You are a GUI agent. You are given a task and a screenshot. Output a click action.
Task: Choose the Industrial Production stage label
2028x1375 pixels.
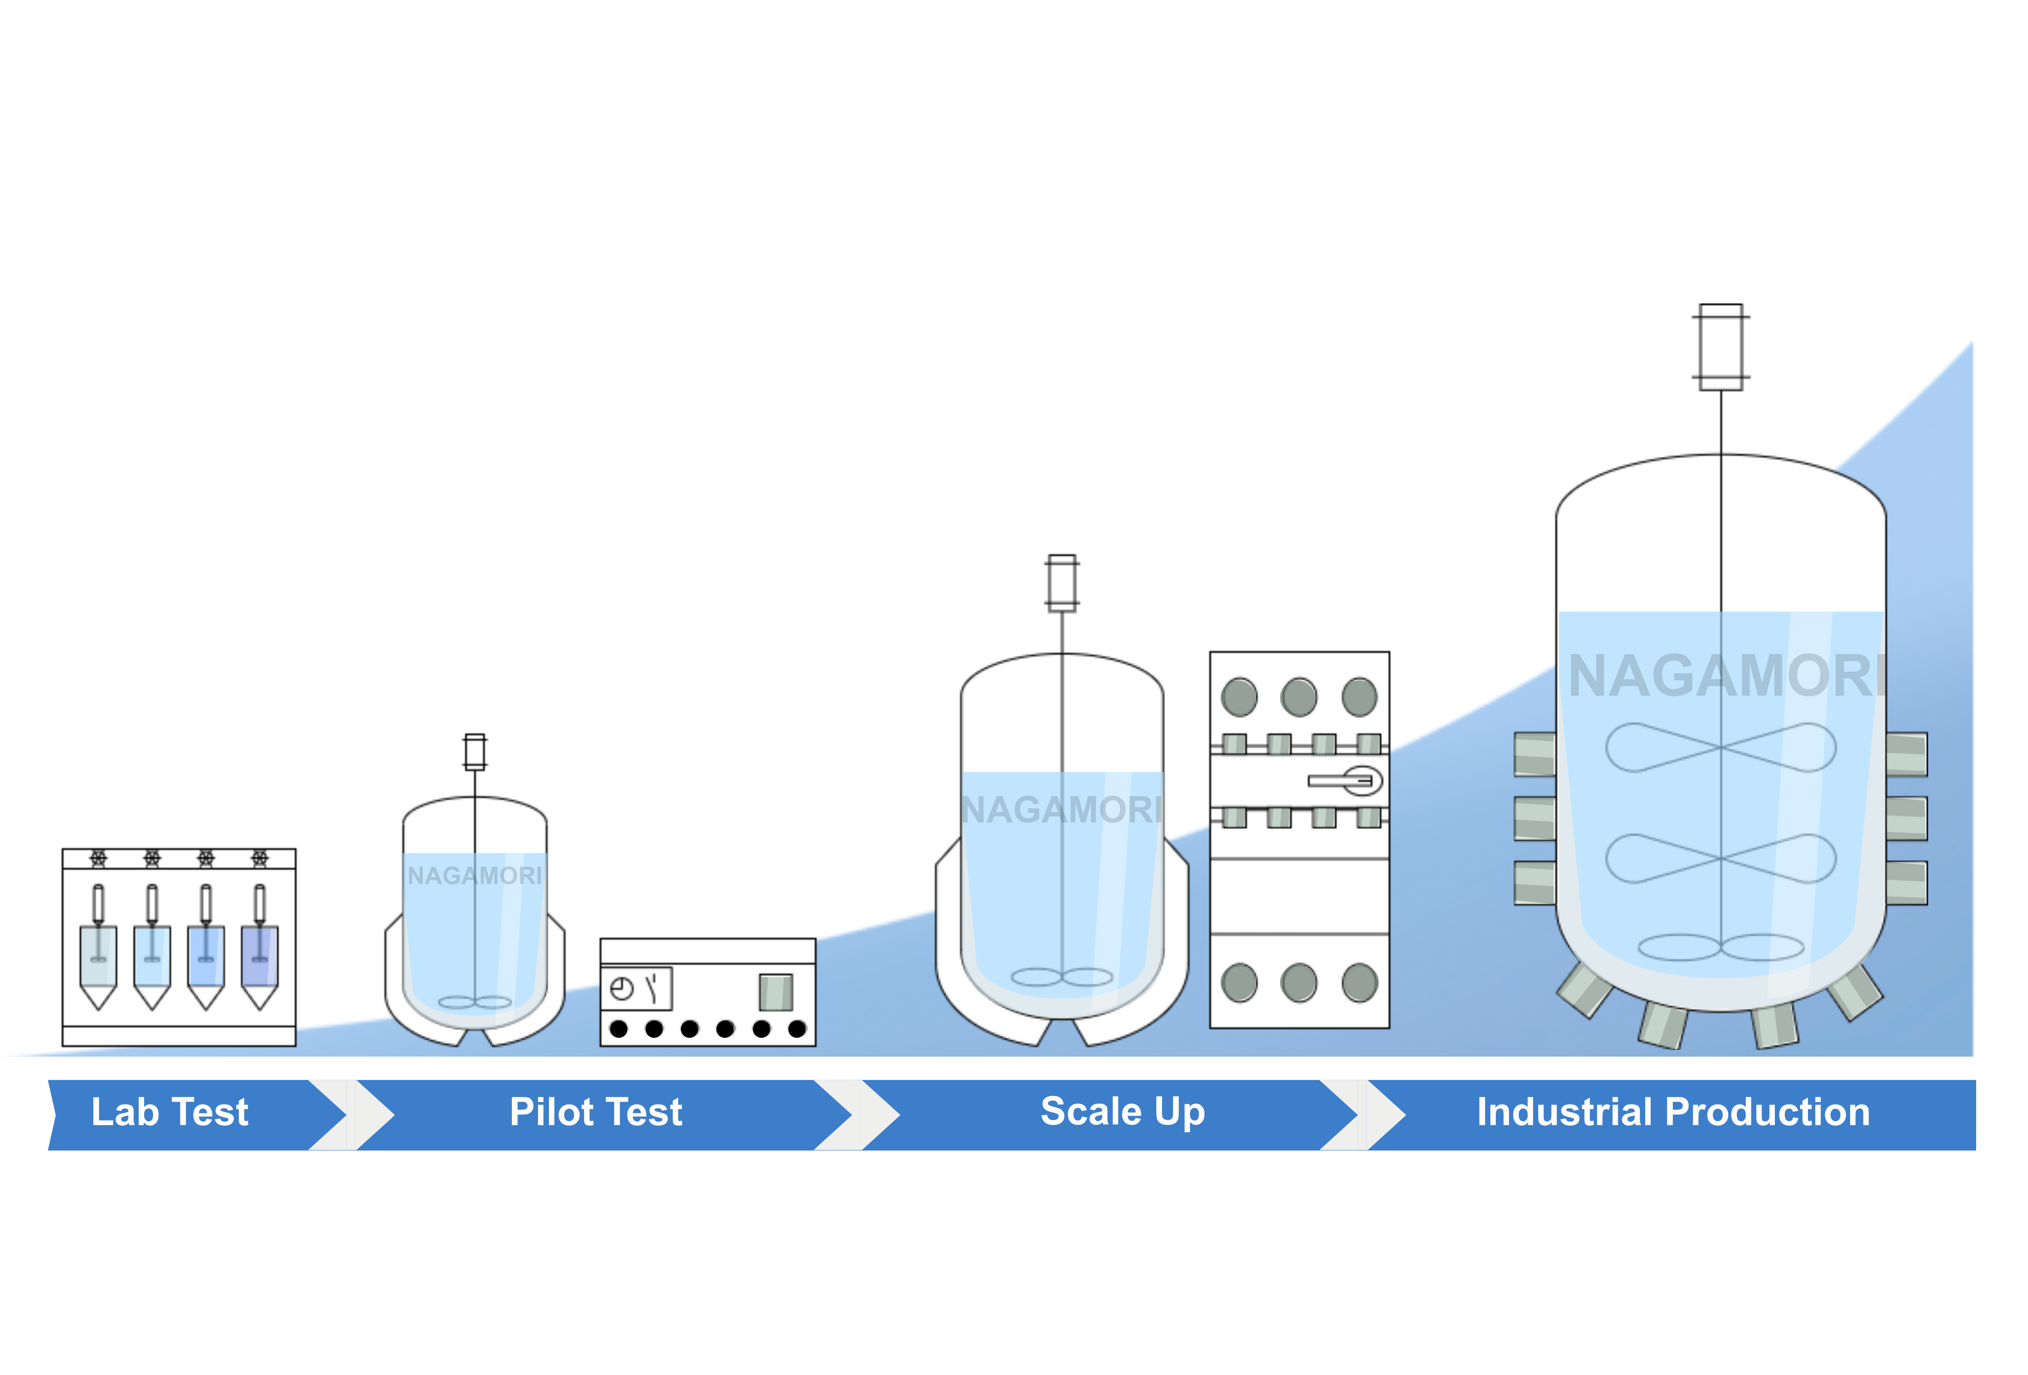click(x=1673, y=1112)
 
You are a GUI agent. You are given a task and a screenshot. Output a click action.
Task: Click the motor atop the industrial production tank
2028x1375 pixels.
click(x=1721, y=347)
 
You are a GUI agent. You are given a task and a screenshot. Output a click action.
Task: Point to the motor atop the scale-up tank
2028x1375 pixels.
click(x=1062, y=583)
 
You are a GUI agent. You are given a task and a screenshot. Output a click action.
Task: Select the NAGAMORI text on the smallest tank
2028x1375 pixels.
click(x=475, y=875)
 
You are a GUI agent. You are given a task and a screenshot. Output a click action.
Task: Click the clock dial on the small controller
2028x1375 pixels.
click(x=621, y=990)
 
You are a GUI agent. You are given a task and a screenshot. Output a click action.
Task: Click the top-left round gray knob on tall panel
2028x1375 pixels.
click(x=1239, y=697)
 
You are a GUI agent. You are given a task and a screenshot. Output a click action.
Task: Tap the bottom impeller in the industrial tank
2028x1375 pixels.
click(x=1721, y=948)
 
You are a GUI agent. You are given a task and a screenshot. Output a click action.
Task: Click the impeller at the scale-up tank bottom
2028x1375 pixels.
click(x=1062, y=977)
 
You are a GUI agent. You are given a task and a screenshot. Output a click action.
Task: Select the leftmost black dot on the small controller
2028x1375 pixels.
click(x=619, y=1029)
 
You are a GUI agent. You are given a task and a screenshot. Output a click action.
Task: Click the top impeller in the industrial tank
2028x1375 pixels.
click(x=1721, y=748)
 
